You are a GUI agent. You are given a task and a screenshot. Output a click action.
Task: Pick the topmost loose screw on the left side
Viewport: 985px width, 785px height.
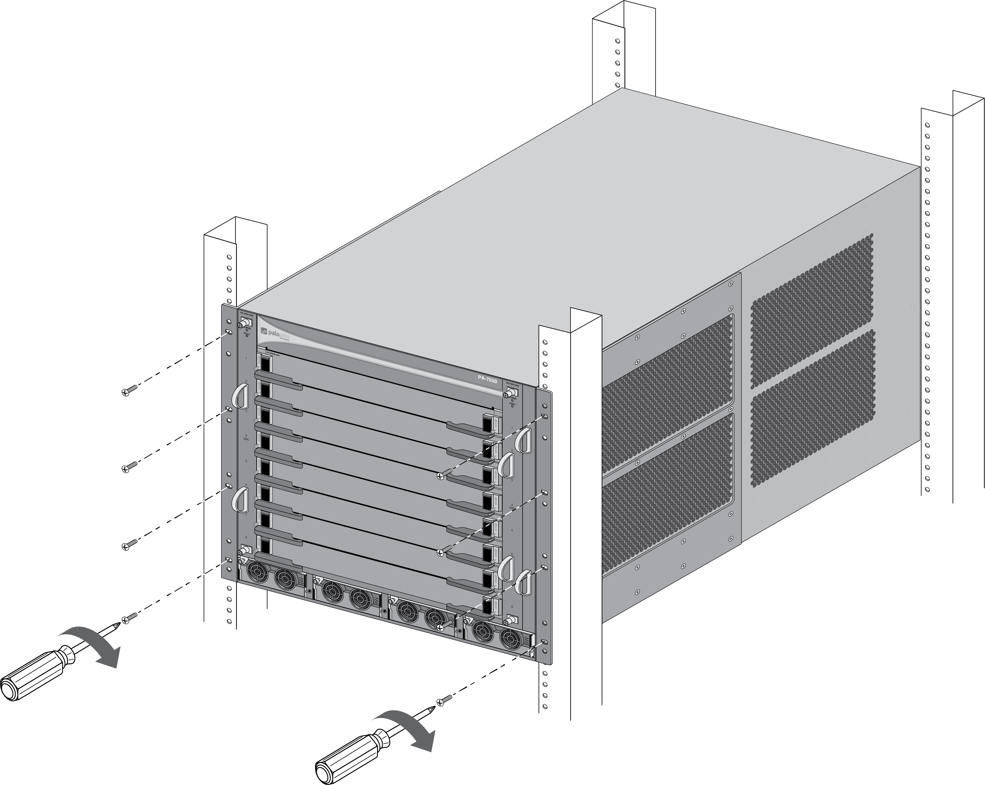click(130, 390)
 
